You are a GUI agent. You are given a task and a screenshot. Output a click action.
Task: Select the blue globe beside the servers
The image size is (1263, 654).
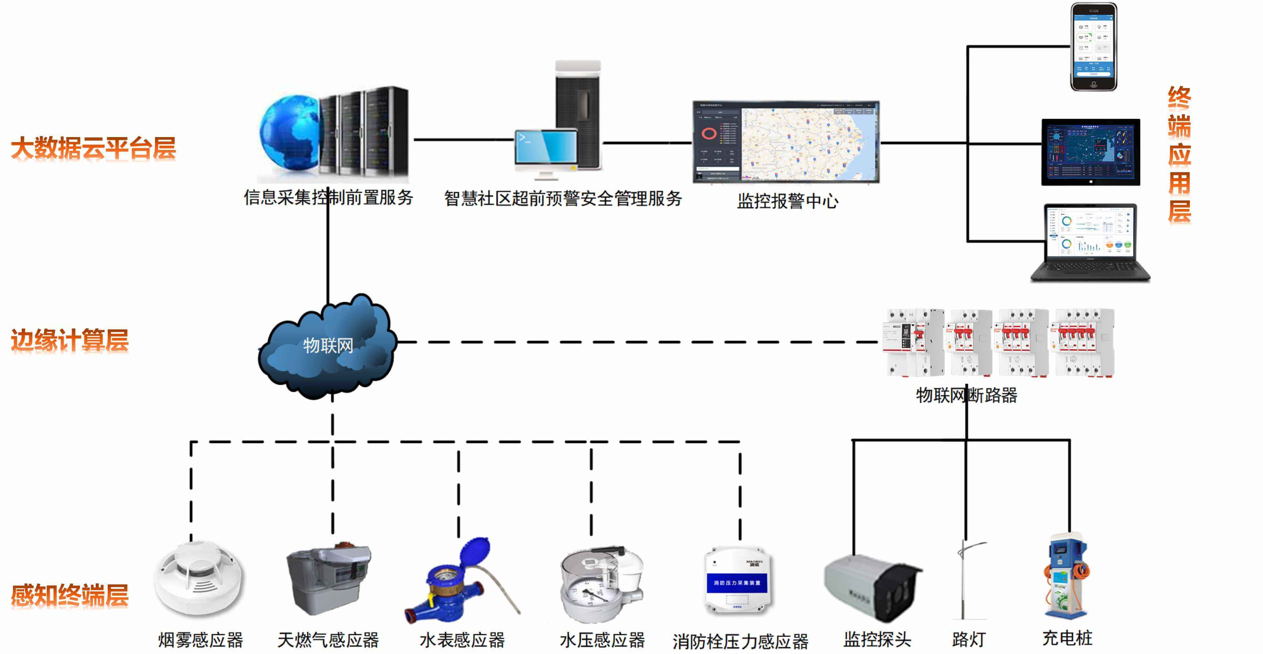click(289, 132)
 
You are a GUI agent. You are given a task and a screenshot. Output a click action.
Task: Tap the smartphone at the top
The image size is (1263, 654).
click(1093, 46)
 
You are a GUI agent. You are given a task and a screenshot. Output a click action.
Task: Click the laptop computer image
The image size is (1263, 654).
click(1089, 243)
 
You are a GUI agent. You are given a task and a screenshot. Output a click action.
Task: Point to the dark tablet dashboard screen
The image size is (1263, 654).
click(1090, 152)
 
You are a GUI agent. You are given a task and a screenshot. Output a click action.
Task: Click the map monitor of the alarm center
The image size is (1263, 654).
click(786, 142)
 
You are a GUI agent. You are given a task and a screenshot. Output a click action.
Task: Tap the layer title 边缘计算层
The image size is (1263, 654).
click(70, 340)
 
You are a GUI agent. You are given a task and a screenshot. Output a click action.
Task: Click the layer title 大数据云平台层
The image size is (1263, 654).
click(93, 148)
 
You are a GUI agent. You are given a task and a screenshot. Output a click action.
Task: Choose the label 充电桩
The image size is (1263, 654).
click(1067, 638)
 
